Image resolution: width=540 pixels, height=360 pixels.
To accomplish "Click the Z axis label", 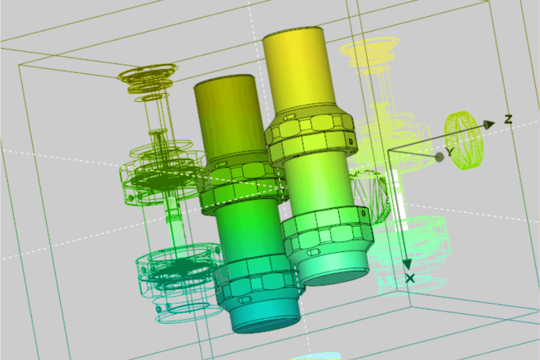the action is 509,119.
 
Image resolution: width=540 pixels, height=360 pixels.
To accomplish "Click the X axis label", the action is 410,279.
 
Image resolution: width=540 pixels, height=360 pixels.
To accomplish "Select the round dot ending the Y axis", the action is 440,157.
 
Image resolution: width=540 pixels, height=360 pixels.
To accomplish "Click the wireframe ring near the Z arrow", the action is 463,141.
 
